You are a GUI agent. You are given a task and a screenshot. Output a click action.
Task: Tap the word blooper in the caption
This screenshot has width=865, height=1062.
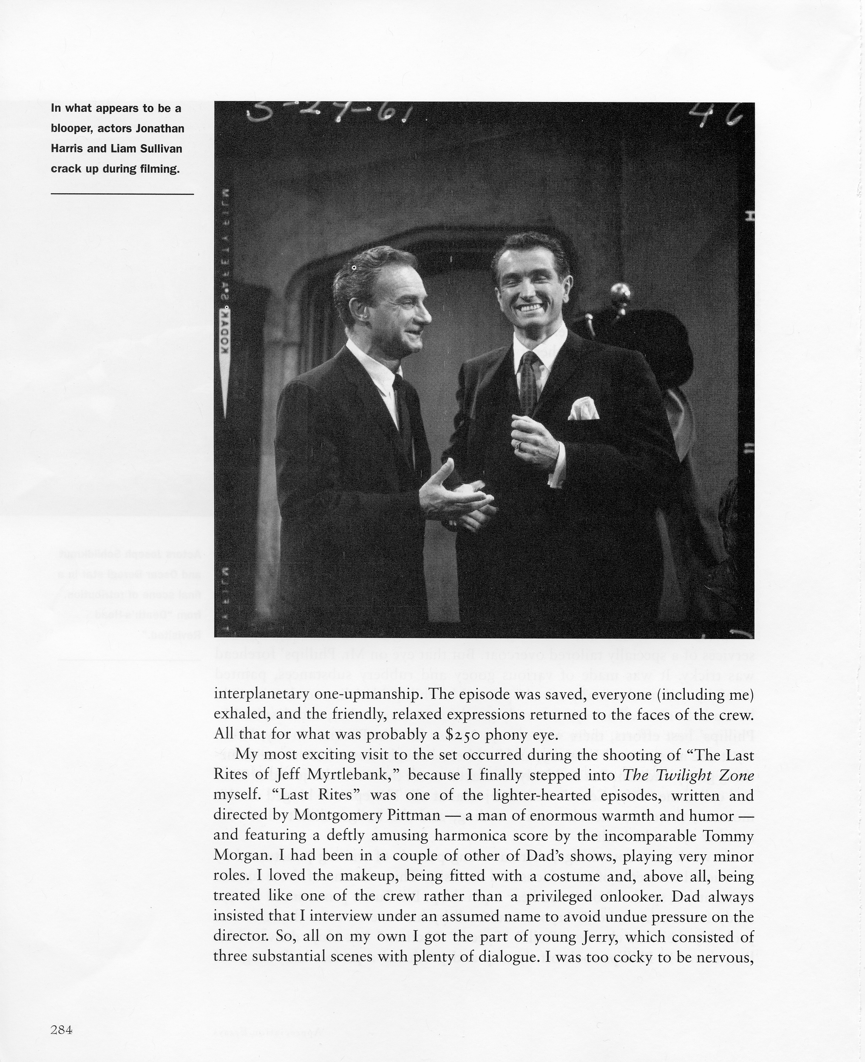coord(71,128)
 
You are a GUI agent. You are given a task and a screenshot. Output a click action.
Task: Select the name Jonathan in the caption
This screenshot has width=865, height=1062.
coord(160,128)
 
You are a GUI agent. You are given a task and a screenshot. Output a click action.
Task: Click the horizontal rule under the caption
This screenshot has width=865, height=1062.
coord(122,194)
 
